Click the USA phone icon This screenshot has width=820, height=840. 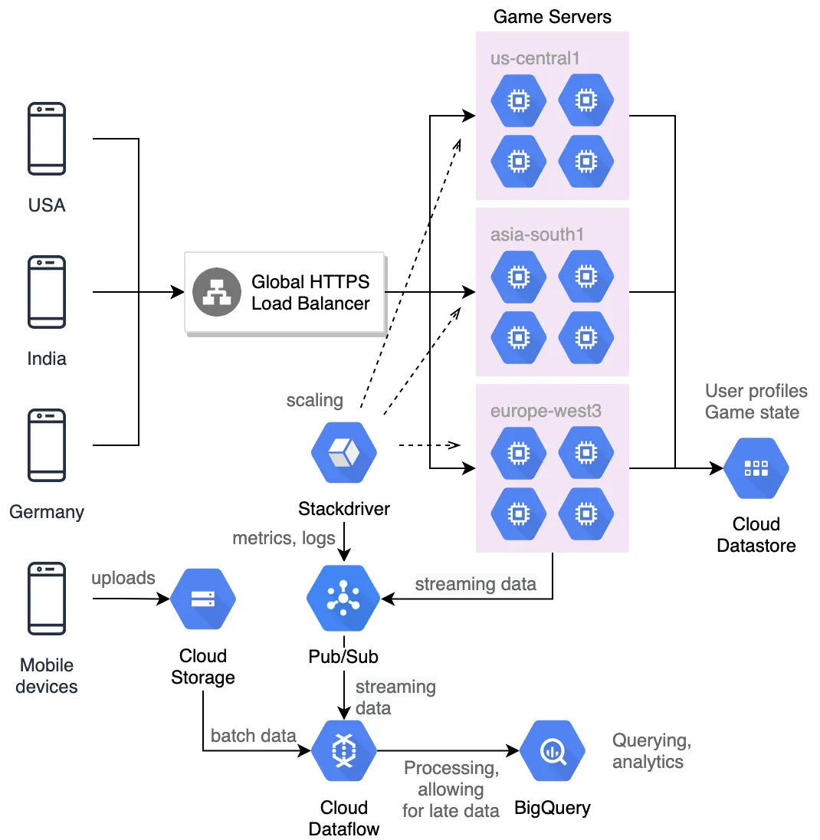click(47, 139)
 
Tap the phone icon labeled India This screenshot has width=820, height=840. click(47, 292)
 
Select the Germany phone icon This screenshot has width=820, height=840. click(47, 445)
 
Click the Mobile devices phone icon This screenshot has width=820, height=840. click(47, 599)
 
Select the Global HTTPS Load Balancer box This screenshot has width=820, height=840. click(284, 292)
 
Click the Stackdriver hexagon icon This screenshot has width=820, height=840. click(344, 453)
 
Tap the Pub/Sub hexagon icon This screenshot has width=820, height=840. click(343, 598)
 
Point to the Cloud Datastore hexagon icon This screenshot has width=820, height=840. click(756, 469)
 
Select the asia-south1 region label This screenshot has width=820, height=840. click(537, 235)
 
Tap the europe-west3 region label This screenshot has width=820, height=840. click(546, 411)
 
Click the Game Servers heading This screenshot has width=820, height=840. click(552, 16)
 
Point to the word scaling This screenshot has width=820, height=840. click(314, 400)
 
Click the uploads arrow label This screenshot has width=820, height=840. click(123, 578)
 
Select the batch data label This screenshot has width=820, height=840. click(253, 736)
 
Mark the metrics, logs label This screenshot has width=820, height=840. click(284, 538)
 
